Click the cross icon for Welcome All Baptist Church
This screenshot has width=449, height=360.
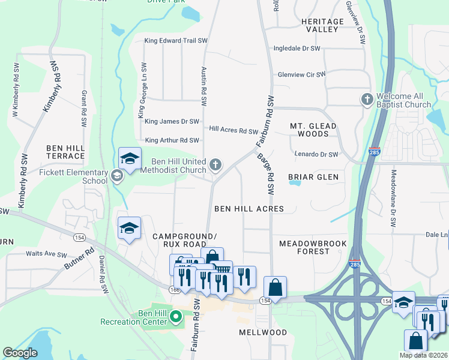pyautogui.click(x=366, y=98)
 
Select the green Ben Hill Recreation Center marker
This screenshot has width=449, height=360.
pyautogui.click(x=176, y=316)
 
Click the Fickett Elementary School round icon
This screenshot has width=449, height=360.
pyautogui.click(x=116, y=175)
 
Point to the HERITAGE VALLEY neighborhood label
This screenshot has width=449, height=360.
pyautogui.click(x=322, y=25)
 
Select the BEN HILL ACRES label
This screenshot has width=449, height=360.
pyautogui.click(x=249, y=209)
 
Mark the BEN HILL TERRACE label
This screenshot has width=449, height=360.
pyautogui.click(x=65, y=151)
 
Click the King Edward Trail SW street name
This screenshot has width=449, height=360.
pyautogui.click(x=176, y=41)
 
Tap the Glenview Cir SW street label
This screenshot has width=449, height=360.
pyautogui.click(x=301, y=75)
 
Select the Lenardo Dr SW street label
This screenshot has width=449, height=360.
pyautogui.click(x=316, y=154)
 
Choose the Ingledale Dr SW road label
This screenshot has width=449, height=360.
pyautogui.click(x=297, y=48)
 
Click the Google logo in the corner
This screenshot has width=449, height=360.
pyautogui.click(x=20, y=353)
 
